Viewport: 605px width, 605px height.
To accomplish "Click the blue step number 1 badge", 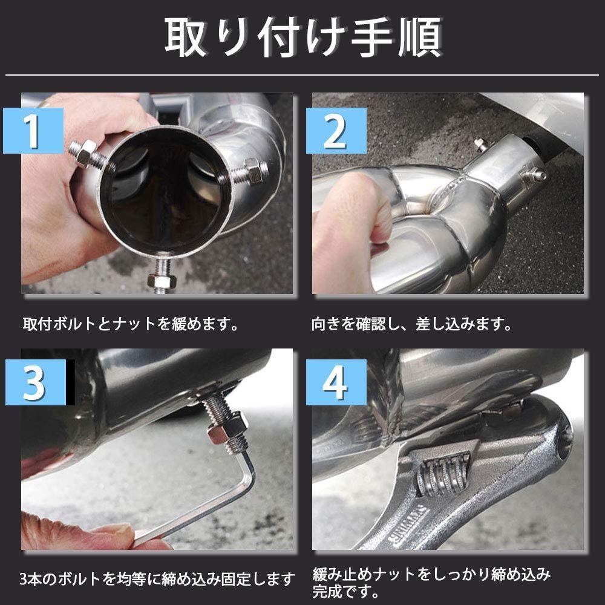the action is pyautogui.click(x=33, y=131).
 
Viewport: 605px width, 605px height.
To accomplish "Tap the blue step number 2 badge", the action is pyautogui.click(x=336, y=131).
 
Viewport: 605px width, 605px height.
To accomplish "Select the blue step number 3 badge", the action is pyautogui.click(x=36, y=382).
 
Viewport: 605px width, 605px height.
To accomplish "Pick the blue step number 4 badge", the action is pyautogui.click(x=336, y=382).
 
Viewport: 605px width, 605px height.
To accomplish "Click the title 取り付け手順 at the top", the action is pyautogui.click(x=303, y=38).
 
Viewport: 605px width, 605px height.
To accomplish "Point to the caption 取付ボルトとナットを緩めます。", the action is pyautogui.click(x=131, y=324).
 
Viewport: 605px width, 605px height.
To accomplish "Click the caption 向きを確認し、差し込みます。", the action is pyautogui.click(x=411, y=324).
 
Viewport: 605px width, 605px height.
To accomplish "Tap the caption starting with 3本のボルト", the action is pyautogui.click(x=157, y=578).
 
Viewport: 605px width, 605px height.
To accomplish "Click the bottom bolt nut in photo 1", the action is pyautogui.click(x=162, y=280).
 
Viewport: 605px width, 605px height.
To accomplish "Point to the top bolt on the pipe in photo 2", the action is pyautogui.click(x=482, y=145).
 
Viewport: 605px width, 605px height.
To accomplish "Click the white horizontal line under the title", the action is pyautogui.click(x=302, y=74).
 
